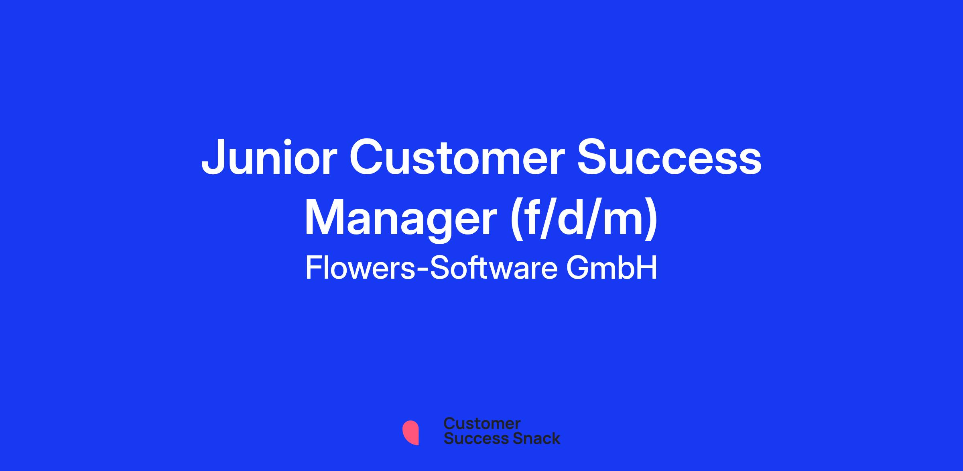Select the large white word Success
[669, 158]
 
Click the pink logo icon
[411, 433]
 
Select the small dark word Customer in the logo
[482, 424]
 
